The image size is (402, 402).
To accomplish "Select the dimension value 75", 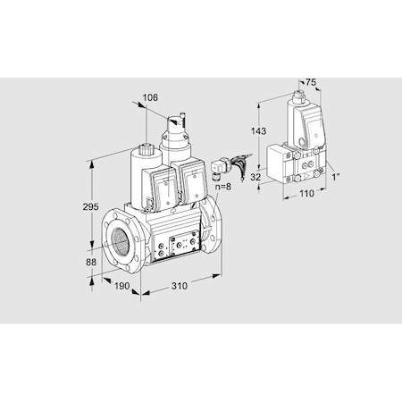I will point(310,82).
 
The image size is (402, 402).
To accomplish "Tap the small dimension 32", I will point(255,178).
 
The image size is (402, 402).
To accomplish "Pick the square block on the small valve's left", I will point(270,161).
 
